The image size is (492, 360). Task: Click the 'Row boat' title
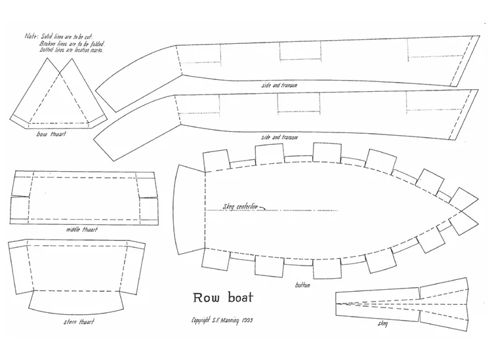(x=223, y=298)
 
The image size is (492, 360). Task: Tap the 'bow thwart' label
(x=51, y=134)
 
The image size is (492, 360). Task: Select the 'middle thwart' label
(x=82, y=230)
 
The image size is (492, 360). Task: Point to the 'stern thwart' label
(x=79, y=322)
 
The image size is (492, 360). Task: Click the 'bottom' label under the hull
(x=302, y=285)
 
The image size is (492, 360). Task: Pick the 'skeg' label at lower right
(x=383, y=323)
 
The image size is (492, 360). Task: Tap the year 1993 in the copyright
(x=247, y=320)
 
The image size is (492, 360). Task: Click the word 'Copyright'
(x=200, y=321)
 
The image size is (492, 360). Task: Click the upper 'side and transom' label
(x=279, y=85)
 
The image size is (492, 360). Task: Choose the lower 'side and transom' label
(x=279, y=137)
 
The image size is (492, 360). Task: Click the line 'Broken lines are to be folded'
(x=72, y=43)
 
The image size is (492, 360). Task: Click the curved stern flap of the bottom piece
(x=188, y=209)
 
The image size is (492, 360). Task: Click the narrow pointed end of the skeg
(x=337, y=304)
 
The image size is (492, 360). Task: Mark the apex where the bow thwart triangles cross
(x=60, y=73)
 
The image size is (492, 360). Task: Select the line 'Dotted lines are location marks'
(x=72, y=50)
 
